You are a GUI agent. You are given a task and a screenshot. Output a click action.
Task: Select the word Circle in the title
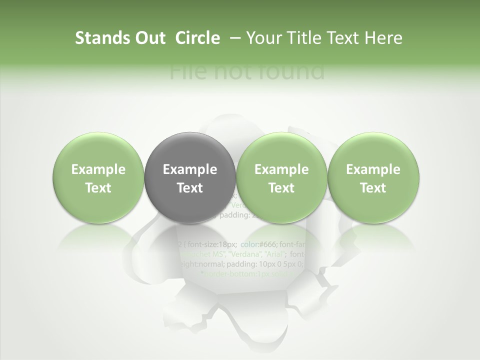click(197, 38)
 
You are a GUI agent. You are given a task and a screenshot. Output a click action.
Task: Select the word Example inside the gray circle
click(189, 169)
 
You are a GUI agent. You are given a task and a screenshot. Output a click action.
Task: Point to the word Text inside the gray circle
click(189, 188)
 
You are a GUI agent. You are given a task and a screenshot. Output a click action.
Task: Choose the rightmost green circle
click(373, 178)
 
